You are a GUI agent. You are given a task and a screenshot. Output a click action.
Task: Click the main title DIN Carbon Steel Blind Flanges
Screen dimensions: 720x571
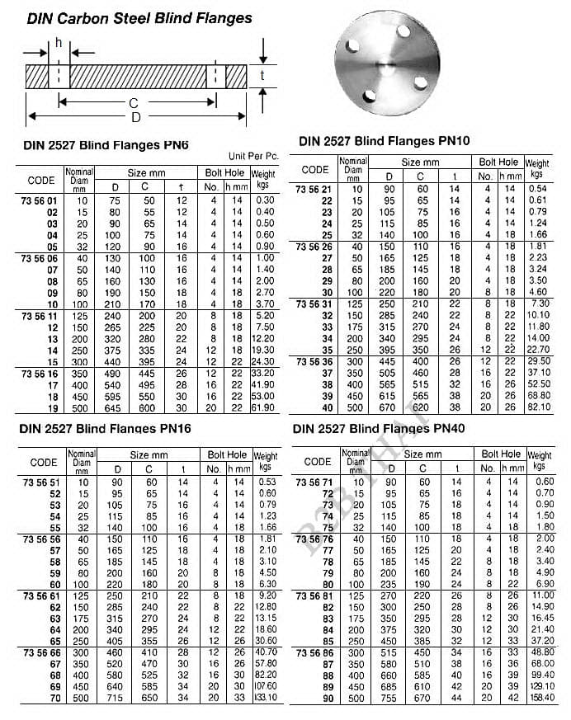[x=139, y=17]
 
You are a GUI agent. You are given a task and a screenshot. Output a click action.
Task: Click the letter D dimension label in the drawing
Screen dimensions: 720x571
[x=136, y=117]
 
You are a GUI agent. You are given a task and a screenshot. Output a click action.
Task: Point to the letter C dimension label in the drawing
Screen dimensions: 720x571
[x=133, y=103]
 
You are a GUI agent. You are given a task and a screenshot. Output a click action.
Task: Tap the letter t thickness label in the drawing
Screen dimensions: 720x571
[x=262, y=76]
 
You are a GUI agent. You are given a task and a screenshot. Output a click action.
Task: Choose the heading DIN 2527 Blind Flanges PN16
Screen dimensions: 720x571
[x=105, y=429]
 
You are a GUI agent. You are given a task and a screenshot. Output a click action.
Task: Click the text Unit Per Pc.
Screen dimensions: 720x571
[x=253, y=157]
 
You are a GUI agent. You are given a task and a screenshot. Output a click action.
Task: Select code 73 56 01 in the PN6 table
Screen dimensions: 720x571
[x=40, y=200]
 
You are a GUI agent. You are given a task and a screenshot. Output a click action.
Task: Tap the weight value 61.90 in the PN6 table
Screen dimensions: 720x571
[x=263, y=407]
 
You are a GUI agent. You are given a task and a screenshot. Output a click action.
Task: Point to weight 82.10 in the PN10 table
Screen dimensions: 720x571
[x=537, y=407]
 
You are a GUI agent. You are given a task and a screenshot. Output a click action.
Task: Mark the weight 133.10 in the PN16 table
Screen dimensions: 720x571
[x=265, y=698]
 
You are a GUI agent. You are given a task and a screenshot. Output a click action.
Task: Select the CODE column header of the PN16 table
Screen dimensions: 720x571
[x=43, y=462]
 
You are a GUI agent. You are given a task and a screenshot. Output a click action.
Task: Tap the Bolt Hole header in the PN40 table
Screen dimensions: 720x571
[x=501, y=454]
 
